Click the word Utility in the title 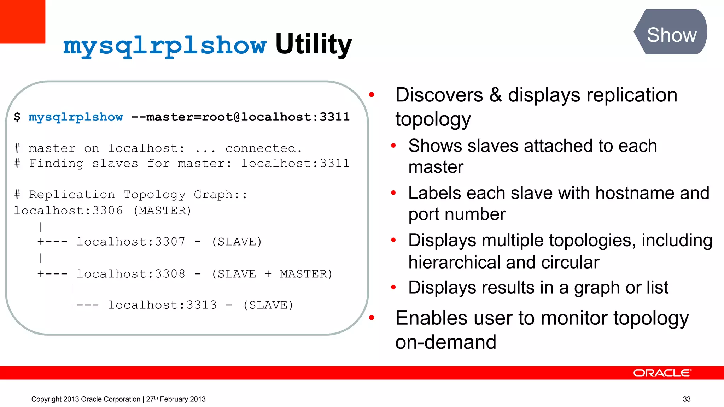point(313,45)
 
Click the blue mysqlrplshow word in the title point(165,46)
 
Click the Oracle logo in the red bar point(662,373)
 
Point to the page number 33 point(687,399)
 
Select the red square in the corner point(22,21)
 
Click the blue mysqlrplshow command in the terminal point(76,117)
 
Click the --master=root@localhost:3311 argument point(240,117)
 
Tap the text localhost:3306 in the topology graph point(68,211)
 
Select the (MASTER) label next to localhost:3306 point(162,211)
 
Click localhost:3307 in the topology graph point(131,242)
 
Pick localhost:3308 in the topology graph point(131,274)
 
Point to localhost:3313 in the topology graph point(162,305)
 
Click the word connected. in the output point(264,148)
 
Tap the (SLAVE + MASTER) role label point(272,274)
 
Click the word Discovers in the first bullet point(439,95)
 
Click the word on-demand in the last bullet point(445,342)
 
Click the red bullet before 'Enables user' point(372,318)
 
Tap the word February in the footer point(173,399)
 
